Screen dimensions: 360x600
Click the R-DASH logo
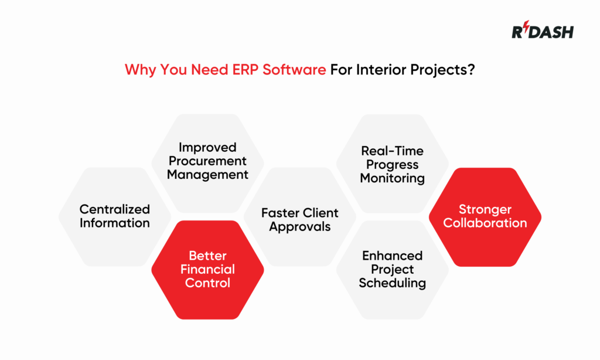coord(543,32)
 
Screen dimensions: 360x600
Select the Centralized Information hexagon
coord(115,216)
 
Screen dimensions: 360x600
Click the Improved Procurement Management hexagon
coord(207,161)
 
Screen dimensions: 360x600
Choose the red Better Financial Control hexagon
coord(207,270)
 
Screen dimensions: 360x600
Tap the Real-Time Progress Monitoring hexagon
coord(392,164)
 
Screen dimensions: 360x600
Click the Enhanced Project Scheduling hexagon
coord(392,270)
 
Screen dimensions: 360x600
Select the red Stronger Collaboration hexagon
coord(485,216)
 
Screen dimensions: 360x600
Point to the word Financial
coord(207,270)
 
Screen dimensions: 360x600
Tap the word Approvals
coord(300,227)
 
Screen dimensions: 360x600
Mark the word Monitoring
coord(392,178)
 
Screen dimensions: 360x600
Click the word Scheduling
coord(392,283)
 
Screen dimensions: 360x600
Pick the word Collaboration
coord(485,223)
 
